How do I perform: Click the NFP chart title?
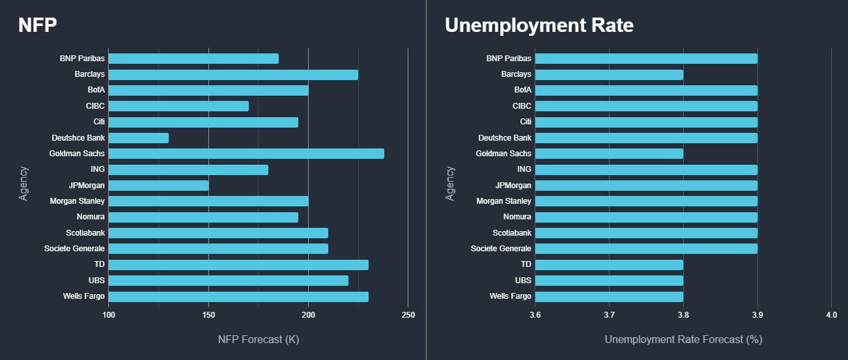38,25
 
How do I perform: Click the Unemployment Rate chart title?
539,25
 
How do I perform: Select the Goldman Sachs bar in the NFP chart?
246,154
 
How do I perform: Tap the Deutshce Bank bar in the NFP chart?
139,138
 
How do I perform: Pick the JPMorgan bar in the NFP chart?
158,186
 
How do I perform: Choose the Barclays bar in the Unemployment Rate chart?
609,74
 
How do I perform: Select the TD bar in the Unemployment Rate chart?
609,264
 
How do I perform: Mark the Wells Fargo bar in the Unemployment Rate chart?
609,296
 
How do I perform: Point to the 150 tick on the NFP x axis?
208,316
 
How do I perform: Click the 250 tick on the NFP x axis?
408,316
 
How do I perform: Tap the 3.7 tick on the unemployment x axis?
609,316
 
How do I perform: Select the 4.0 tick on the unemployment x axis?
831,316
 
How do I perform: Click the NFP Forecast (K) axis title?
258,340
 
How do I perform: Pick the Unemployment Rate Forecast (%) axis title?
683,340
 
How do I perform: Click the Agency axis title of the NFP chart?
24,183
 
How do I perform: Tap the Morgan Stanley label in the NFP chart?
78,201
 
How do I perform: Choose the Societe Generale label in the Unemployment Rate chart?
501,249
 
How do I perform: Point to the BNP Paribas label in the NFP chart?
82,59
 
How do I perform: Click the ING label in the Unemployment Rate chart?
524,169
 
